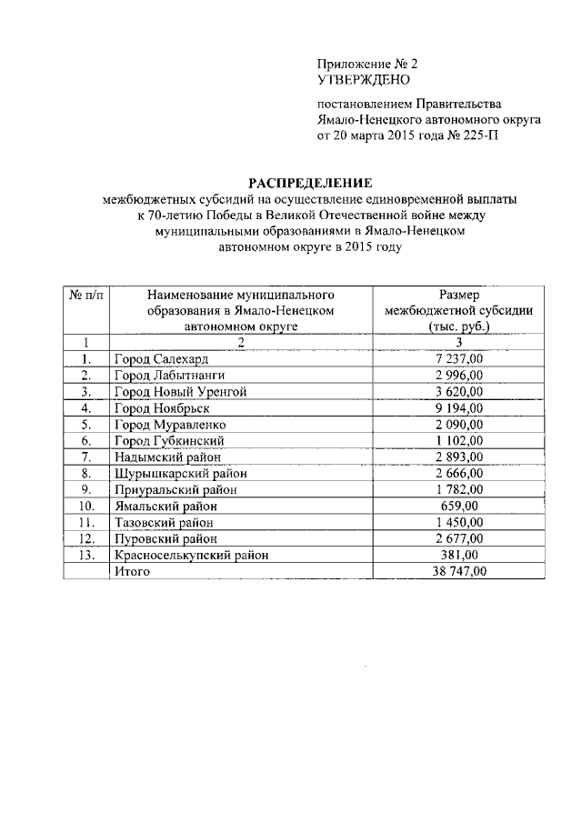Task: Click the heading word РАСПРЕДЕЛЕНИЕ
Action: [299, 183]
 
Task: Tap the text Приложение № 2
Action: [366, 65]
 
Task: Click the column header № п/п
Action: [85, 296]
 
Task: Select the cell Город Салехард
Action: [162, 359]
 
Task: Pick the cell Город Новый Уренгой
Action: [179, 391]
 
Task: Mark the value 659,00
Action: [459, 506]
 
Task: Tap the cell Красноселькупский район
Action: [191, 554]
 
